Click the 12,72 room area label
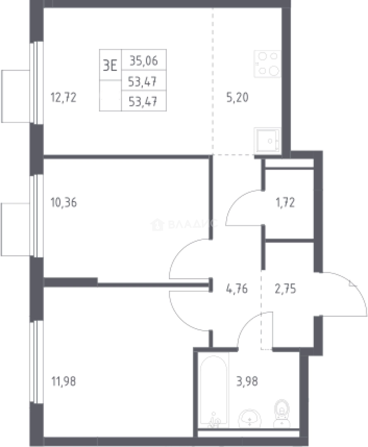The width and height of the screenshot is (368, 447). pyautogui.click(x=64, y=98)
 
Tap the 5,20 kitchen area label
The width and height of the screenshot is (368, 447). pyautogui.click(x=237, y=98)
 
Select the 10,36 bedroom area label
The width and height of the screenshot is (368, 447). pyautogui.click(x=64, y=203)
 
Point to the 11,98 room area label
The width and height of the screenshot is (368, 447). pyautogui.click(x=64, y=381)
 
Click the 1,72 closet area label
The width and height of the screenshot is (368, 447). pyautogui.click(x=285, y=203)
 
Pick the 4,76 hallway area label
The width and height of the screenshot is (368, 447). pyautogui.click(x=237, y=289)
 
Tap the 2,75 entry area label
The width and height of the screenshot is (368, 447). pyautogui.click(x=285, y=289)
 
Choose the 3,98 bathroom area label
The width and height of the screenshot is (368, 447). pyautogui.click(x=247, y=381)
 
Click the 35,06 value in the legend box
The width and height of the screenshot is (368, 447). pyautogui.click(x=144, y=61)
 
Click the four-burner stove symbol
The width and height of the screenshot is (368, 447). pyautogui.click(x=267, y=64)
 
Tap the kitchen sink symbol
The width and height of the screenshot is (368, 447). pyautogui.click(x=267, y=140)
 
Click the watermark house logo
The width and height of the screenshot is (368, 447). pyautogui.click(x=157, y=224)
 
